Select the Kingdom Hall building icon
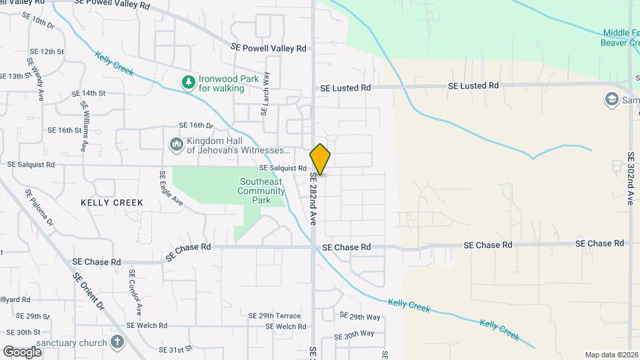(176, 145)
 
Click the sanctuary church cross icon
(117, 343)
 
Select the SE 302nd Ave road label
(631, 178)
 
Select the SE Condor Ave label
(136, 292)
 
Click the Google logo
(22, 351)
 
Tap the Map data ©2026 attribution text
(611, 355)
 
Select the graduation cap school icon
(611, 100)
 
